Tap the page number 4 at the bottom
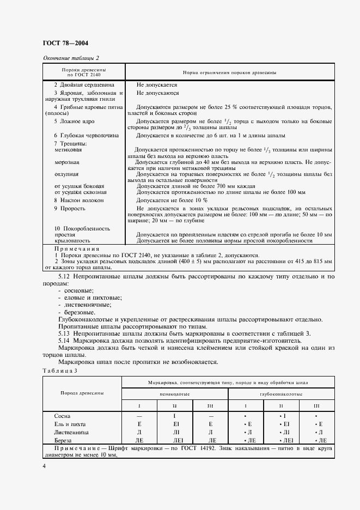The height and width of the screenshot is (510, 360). click(44, 466)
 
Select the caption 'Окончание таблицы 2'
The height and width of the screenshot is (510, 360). click(71, 58)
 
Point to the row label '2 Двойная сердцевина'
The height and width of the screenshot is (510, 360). click(84, 85)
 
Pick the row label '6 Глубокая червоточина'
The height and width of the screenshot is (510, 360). click(82, 135)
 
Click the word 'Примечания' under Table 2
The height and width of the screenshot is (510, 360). click(76, 248)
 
